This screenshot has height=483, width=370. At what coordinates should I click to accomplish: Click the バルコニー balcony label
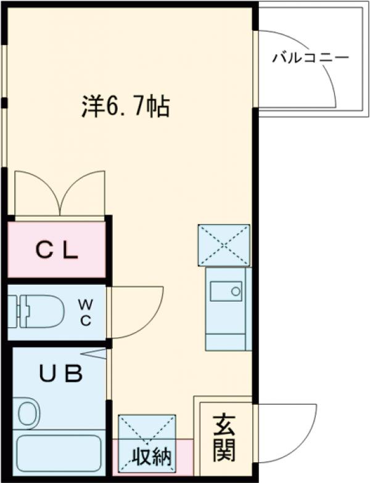tap(311, 59)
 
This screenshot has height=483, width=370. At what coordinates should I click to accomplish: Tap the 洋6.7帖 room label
tap(126, 108)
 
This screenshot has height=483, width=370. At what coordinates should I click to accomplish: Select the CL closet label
tap(56, 250)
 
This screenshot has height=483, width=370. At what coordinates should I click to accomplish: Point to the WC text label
tap(86, 313)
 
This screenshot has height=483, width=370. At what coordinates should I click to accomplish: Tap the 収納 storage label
tap(152, 458)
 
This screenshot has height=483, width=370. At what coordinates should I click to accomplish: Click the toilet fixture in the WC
tap(41, 311)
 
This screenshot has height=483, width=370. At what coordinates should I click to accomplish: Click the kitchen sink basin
tap(226, 290)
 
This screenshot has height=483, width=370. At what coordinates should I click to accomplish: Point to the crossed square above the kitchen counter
tap(224, 245)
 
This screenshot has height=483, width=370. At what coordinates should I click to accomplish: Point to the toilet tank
tap(18, 311)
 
